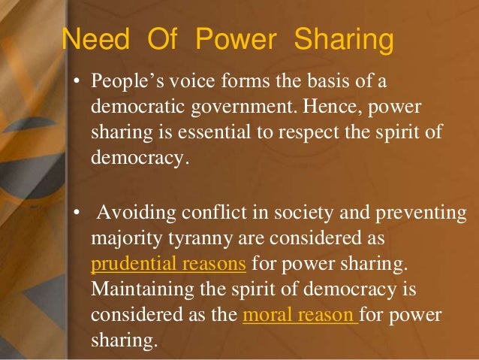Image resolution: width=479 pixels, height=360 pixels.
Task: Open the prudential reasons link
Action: (x=168, y=264)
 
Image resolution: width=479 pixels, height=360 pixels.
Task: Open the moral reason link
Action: (x=299, y=315)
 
